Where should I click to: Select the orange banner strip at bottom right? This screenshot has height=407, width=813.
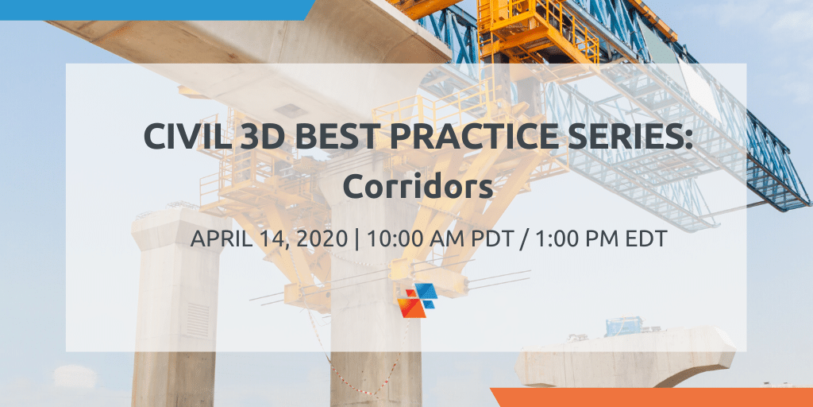coord(651,397)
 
